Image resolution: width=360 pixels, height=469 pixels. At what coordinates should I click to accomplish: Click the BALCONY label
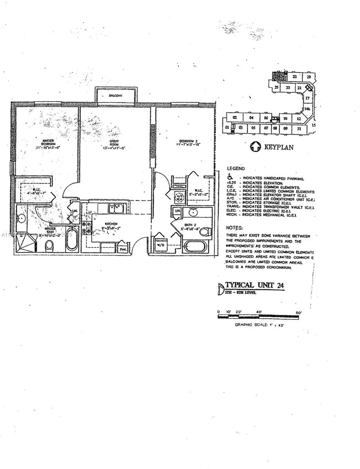116,96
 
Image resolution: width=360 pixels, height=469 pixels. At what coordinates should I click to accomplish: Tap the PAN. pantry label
123,249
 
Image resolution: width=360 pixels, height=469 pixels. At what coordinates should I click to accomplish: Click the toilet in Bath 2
204,231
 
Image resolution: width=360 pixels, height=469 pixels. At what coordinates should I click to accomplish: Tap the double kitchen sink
116,209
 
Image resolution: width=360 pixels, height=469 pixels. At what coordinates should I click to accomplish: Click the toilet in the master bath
49,245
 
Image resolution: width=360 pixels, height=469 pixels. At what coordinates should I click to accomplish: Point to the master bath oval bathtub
71,239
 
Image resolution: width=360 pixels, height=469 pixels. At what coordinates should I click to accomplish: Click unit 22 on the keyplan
294,77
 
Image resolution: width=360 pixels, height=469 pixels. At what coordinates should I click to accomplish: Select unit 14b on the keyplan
307,109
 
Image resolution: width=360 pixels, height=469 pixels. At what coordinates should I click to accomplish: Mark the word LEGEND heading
236,168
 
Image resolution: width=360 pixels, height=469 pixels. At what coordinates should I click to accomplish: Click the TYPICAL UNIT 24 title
254,285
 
